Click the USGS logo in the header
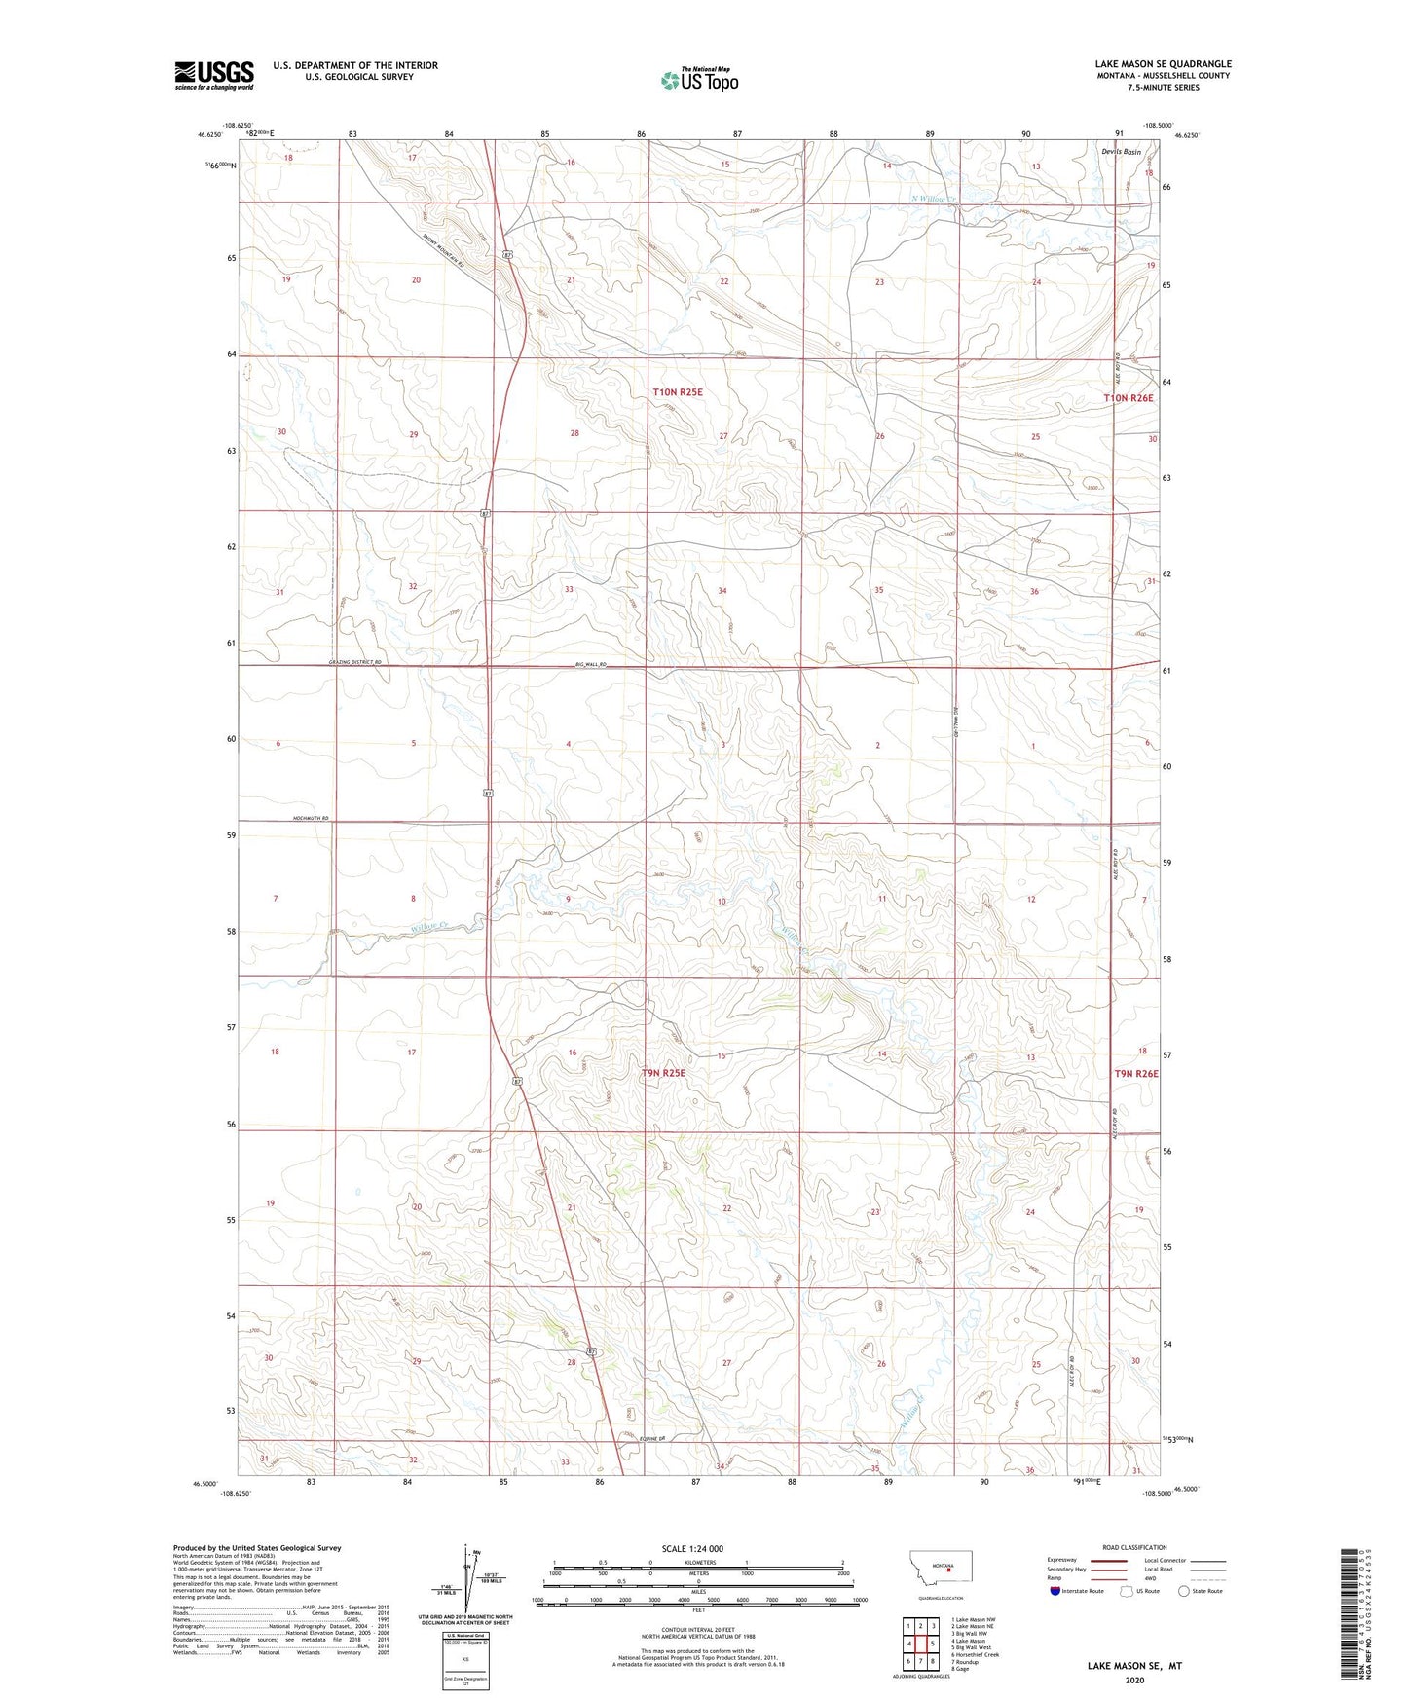(214, 75)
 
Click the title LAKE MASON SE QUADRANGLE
(1163, 63)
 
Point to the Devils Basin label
(1121, 152)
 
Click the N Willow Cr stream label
(934, 200)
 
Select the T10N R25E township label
(677, 392)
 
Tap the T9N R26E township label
(1135, 1073)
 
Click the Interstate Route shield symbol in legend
(1056, 1591)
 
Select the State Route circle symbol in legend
(1183, 1591)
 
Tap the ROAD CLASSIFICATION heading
(1134, 1547)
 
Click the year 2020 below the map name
(1134, 1681)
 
